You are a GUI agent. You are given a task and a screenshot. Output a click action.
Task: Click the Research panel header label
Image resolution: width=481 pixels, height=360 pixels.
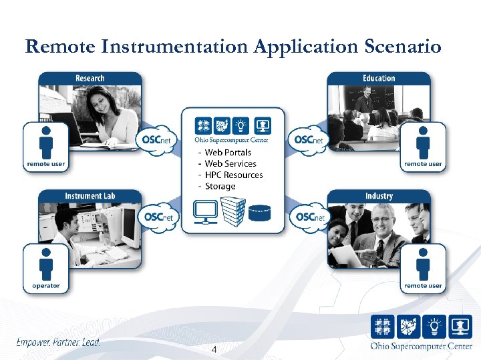tap(90, 79)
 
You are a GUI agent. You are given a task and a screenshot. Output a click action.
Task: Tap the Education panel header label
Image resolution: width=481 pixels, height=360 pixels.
tap(379, 79)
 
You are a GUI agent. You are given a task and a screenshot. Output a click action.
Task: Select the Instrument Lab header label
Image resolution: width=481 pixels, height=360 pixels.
tap(94, 196)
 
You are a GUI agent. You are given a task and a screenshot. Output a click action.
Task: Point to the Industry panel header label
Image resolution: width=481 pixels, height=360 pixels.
tap(379, 196)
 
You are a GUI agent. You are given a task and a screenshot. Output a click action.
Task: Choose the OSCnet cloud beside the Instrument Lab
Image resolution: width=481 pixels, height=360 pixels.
tap(158, 217)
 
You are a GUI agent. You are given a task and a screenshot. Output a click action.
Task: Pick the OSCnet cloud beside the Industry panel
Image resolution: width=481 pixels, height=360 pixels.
tap(309, 217)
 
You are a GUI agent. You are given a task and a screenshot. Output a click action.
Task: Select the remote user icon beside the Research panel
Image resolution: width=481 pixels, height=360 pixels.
tap(45, 146)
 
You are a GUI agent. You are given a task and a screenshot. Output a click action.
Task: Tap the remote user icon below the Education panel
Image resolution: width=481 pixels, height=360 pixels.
tap(423, 146)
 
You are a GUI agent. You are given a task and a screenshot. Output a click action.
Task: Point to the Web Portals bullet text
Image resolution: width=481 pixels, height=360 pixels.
tap(228, 153)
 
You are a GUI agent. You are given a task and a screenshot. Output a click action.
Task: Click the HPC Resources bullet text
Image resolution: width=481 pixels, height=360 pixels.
tap(234, 175)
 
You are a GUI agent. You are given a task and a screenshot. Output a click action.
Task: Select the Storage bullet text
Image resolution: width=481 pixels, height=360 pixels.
tap(220, 186)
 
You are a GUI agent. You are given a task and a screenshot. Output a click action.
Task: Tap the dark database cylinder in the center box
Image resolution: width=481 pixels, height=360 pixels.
tap(260, 213)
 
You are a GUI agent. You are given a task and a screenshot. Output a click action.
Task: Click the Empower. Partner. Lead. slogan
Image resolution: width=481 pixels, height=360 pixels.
tap(58, 342)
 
